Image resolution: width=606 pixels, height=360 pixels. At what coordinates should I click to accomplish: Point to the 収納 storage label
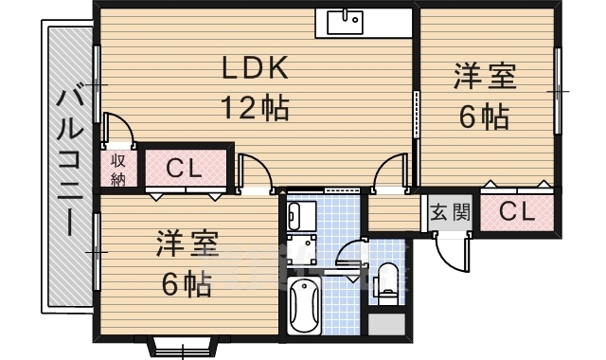click(x=119, y=169)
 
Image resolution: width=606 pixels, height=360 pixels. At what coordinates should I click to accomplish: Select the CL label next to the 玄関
click(x=516, y=211)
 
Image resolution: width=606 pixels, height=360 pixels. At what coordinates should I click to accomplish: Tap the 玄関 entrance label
click(x=449, y=211)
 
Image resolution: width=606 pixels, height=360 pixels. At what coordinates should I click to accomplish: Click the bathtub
click(x=306, y=305)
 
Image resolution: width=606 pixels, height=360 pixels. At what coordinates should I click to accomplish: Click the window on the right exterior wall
click(x=558, y=90)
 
